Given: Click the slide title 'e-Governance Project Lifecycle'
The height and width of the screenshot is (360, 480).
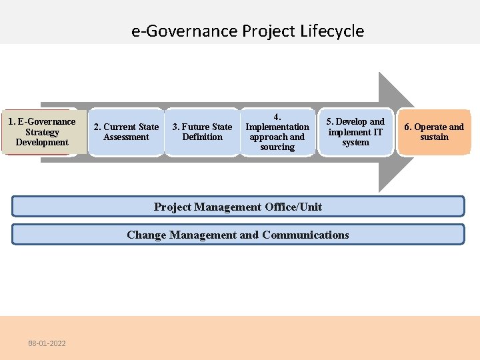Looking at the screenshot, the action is [x=247, y=31].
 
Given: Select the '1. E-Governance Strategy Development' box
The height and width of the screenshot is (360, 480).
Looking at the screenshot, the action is [x=42, y=132].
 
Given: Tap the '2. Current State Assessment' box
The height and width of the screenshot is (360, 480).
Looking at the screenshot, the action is [x=126, y=132].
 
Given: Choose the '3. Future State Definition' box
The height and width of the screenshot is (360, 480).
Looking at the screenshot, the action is [x=202, y=132].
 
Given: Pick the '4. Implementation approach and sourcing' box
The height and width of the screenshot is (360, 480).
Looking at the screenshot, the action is [x=277, y=132].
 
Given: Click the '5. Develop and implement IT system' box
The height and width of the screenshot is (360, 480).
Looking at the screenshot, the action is [x=355, y=132].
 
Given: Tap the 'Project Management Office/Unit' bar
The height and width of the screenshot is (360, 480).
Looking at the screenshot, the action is [x=238, y=207].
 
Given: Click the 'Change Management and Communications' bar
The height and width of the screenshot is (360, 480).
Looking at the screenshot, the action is [x=238, y=235].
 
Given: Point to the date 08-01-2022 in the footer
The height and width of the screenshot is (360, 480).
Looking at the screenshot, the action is [x=47, y=343].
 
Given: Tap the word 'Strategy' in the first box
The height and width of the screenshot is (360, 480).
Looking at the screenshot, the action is [x=42, y=132].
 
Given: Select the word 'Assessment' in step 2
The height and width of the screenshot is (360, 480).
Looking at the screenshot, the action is [x=126, y=137].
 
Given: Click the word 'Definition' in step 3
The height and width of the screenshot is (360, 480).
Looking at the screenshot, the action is [x=202, y=137].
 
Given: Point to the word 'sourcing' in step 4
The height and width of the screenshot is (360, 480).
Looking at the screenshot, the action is [x=277, y=147].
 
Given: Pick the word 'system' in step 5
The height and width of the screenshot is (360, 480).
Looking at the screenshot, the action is [x=355, y=142].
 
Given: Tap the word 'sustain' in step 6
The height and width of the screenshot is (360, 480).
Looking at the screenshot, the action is [x=434, y=137].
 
